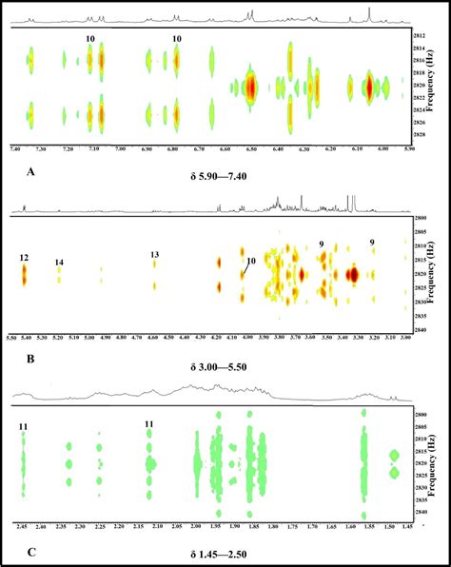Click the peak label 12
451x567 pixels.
tap(24, 257)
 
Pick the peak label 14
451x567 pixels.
tap(59, 262)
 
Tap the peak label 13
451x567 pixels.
tap(154, 254)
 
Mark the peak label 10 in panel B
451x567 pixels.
tap(251, 262)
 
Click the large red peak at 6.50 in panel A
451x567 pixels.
tap(250, 88)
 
